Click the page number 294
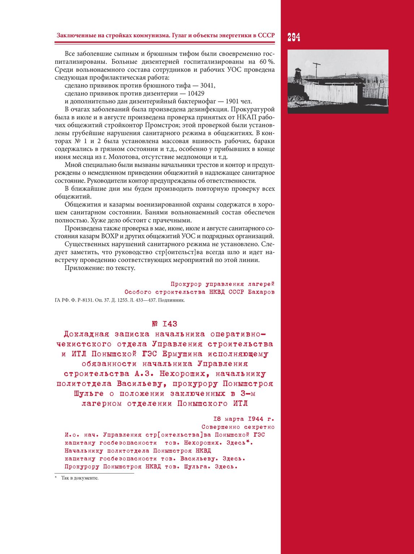coord(294,37)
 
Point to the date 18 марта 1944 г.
coord(243,419)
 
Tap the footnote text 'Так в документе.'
coord(80,478)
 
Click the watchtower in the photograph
coord(298,75)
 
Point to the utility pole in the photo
coord(316,71)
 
